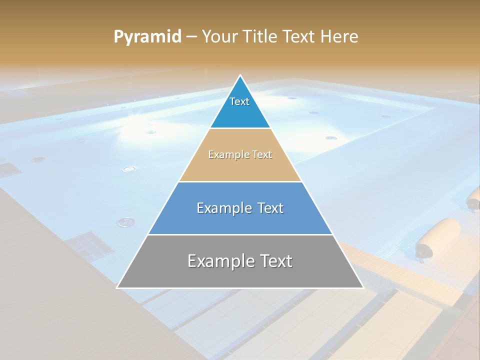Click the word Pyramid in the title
[x=147, y=37]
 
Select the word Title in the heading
[x=259, y=36]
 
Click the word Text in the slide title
[x=299, y=36]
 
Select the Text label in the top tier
[x=239, y=101]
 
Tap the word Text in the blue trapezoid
[x=270, y=208]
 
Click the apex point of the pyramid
[x=240, y=76]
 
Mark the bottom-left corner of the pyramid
[x=117, y=287]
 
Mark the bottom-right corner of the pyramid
[x=363, y=287]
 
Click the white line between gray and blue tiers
[x=240, y=234]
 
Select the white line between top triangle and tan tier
[x=240, y=128]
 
